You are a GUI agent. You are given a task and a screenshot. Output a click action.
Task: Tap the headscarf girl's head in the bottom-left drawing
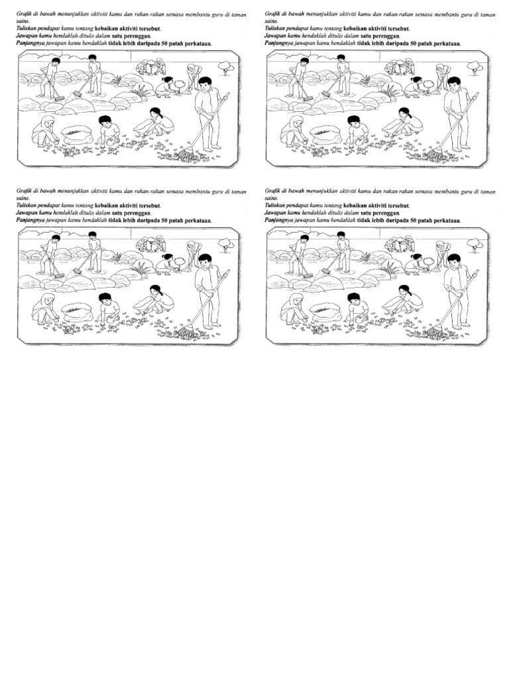[48, 299]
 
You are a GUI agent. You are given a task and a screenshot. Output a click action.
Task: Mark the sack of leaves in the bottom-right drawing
[325, 311]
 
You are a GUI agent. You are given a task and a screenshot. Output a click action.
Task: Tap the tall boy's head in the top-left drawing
[205, 84]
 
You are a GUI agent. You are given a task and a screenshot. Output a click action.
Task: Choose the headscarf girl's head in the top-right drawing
[296, 122]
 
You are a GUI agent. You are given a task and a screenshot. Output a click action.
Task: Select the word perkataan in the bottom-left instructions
[198, 220]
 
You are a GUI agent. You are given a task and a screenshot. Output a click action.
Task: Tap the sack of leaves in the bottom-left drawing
[77, 311]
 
